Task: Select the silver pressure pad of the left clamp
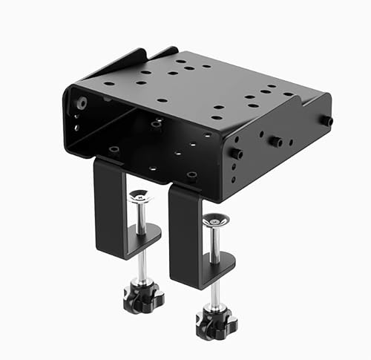(x=139, y=197)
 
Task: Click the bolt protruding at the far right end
(x=326, y=120)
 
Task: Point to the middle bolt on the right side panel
(x=275, y=141)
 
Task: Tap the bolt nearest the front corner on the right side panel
(x=236, y=154)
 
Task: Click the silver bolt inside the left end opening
(x=80, y=103)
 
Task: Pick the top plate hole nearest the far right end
(x=289, y=94)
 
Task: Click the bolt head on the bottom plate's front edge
(x=191, y=176)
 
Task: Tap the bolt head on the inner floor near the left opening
(x=114, y=150)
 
